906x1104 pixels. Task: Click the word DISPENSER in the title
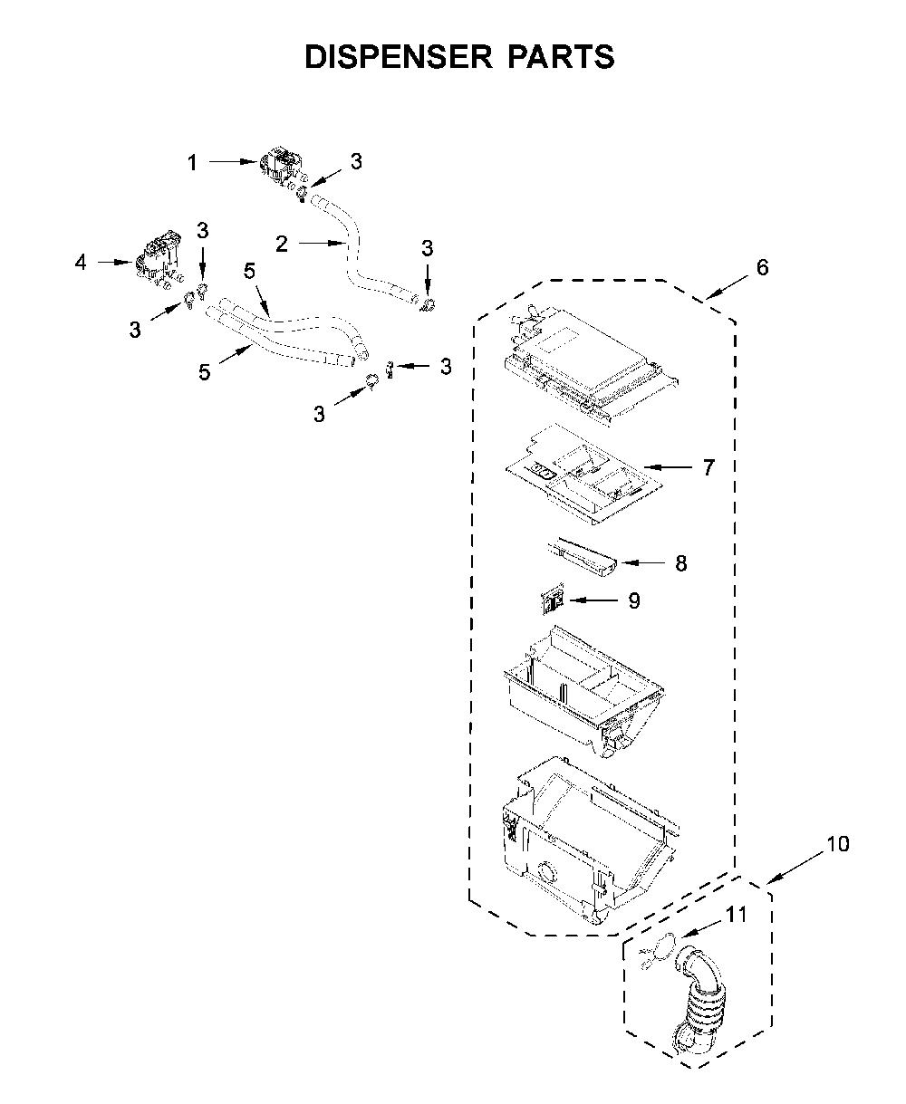tap(399, 56)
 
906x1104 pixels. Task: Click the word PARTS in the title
tap(562, 56)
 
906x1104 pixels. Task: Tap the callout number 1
tap(192, 163)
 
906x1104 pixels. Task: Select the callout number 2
tap(282, 244)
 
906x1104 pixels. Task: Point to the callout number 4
tap(81, 263)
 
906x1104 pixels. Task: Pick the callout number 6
tap(763, 267)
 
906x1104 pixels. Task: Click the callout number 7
tap(708, 467)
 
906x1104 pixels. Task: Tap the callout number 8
tap(680, 563)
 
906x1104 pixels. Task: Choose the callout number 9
tap(633, 600)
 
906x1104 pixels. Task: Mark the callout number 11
tap(736, 915)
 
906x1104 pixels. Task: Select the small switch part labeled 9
tap(552, 599)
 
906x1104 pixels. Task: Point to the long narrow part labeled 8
tap(583, 558)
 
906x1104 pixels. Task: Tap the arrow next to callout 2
tap(322, 243)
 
